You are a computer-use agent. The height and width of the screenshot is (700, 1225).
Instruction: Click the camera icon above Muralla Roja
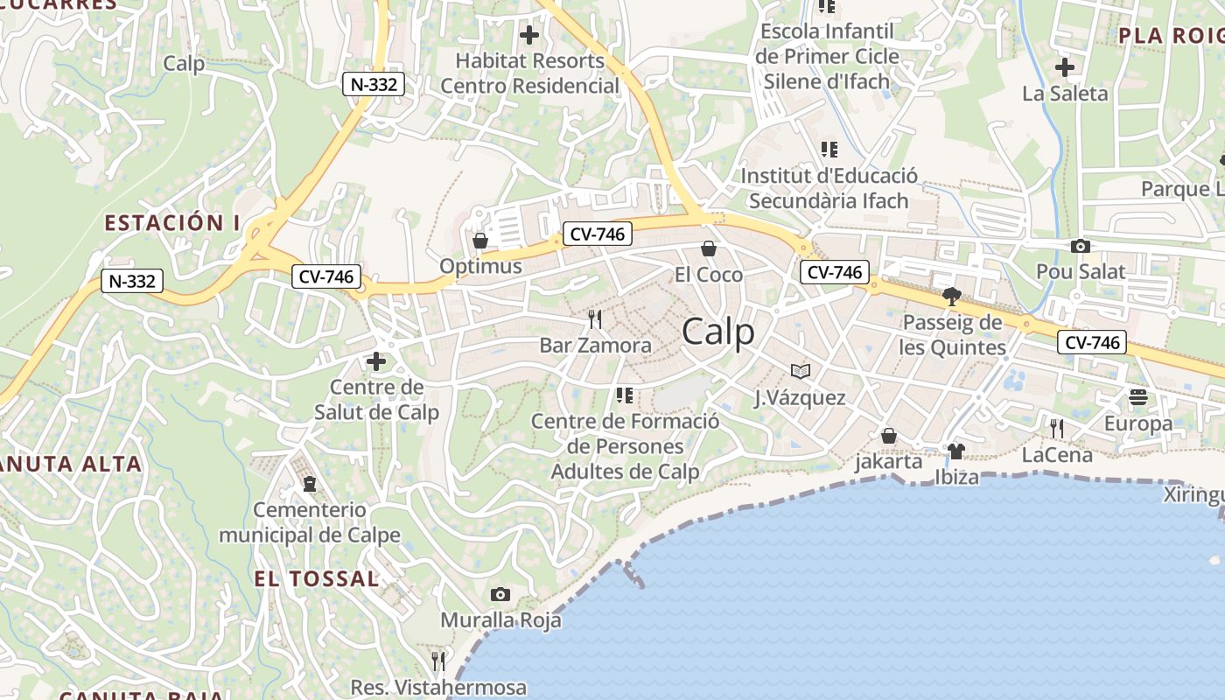500,595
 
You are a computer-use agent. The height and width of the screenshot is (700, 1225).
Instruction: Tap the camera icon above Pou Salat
1081,247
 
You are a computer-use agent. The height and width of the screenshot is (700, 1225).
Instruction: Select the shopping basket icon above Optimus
480,240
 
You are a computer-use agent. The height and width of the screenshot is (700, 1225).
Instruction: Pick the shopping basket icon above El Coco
709,249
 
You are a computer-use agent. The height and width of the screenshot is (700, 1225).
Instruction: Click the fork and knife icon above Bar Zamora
596,318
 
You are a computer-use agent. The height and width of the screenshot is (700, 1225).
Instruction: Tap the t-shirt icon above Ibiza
956,451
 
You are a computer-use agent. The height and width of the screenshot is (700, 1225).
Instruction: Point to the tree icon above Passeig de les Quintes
951,297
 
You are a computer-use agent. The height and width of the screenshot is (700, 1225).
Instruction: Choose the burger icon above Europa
1137,397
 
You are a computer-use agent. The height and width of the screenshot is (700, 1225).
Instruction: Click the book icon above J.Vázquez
800,371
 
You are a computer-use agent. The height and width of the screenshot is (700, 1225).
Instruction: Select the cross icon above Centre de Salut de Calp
376,360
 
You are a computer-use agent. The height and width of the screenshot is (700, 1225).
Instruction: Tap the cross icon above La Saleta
1065,66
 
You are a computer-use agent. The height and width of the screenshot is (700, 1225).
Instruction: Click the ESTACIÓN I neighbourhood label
172,223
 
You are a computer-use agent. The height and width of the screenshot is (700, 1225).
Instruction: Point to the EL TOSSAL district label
317,578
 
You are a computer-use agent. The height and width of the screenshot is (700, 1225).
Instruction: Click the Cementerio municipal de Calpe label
310,522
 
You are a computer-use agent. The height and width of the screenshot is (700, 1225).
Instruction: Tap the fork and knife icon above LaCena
1057,428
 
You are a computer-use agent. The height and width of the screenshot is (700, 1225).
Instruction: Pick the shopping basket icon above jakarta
889,436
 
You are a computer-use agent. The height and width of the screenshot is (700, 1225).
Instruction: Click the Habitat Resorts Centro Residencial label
530,73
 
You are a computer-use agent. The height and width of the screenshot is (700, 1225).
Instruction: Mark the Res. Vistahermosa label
438,687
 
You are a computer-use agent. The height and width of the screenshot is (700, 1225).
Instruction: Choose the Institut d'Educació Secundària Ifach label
829,188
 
